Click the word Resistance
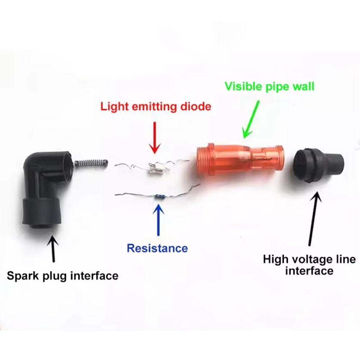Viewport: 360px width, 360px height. pyautogui.click(x=157, y=248)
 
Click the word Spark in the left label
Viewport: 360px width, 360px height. pyautogui.click(x=22, y=276)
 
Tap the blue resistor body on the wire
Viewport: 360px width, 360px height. pyautogui.click(x=159, y=196)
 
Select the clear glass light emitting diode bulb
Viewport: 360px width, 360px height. pyautogui.click(x=156, y=167)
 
